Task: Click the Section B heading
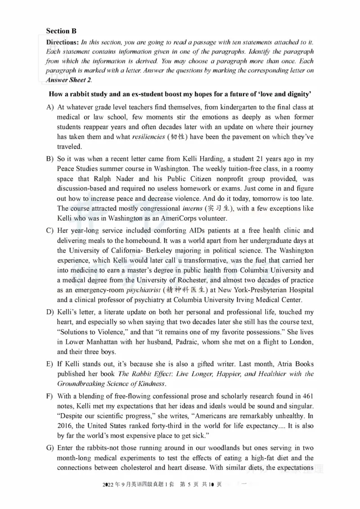click(x=61, y=31)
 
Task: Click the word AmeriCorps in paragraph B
click(x=175, y=219)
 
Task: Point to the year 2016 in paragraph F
click(x=66, y=426)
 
